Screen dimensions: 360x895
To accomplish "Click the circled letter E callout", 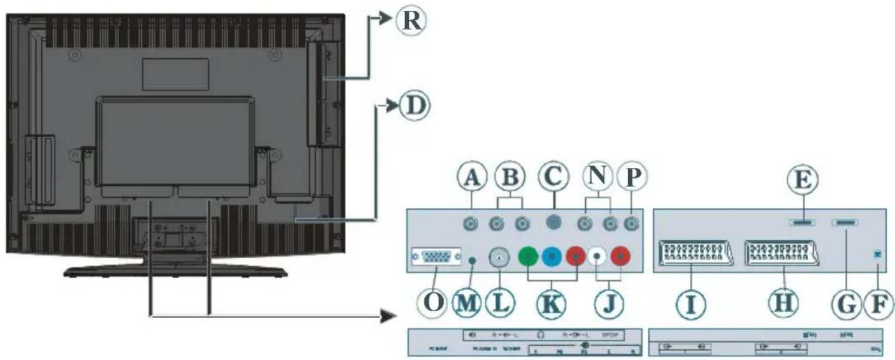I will (801, 181).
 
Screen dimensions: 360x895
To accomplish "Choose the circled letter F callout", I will (878, 305).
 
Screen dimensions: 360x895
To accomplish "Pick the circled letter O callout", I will (434, 305).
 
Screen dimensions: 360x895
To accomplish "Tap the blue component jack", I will (551, 257).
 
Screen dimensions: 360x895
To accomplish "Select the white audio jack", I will (598, 257).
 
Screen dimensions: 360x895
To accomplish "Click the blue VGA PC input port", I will (435, 257).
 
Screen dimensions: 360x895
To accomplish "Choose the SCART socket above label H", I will (783, 254).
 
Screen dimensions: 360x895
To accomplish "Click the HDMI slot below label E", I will (801, 222).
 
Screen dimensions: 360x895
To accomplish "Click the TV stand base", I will (176, 271).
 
